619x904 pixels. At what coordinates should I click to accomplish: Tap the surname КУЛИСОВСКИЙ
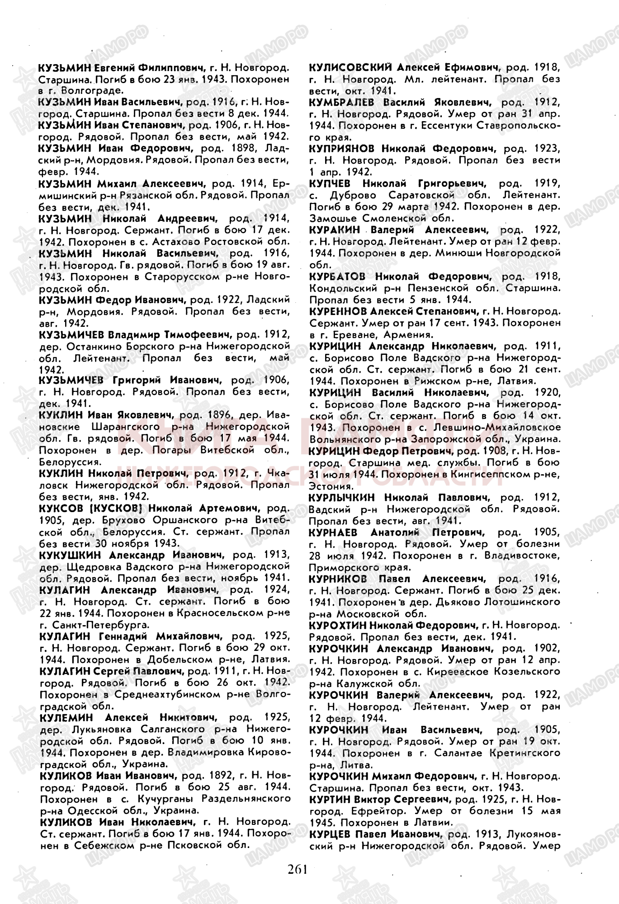pyautogui.click(x=350, y=67)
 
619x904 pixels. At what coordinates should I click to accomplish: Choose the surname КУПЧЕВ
pyautogui.click(x=332, y=184)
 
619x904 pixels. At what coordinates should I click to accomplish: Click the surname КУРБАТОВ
pyautogui.click(x=339, y=276)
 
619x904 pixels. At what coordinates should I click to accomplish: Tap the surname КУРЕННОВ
pyautogui.click(x=337, y=311)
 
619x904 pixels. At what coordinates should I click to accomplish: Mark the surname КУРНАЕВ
pyautogui.click(x=335, y=532)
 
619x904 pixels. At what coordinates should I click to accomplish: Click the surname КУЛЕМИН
pyautogui.click(x=66, y=717)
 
